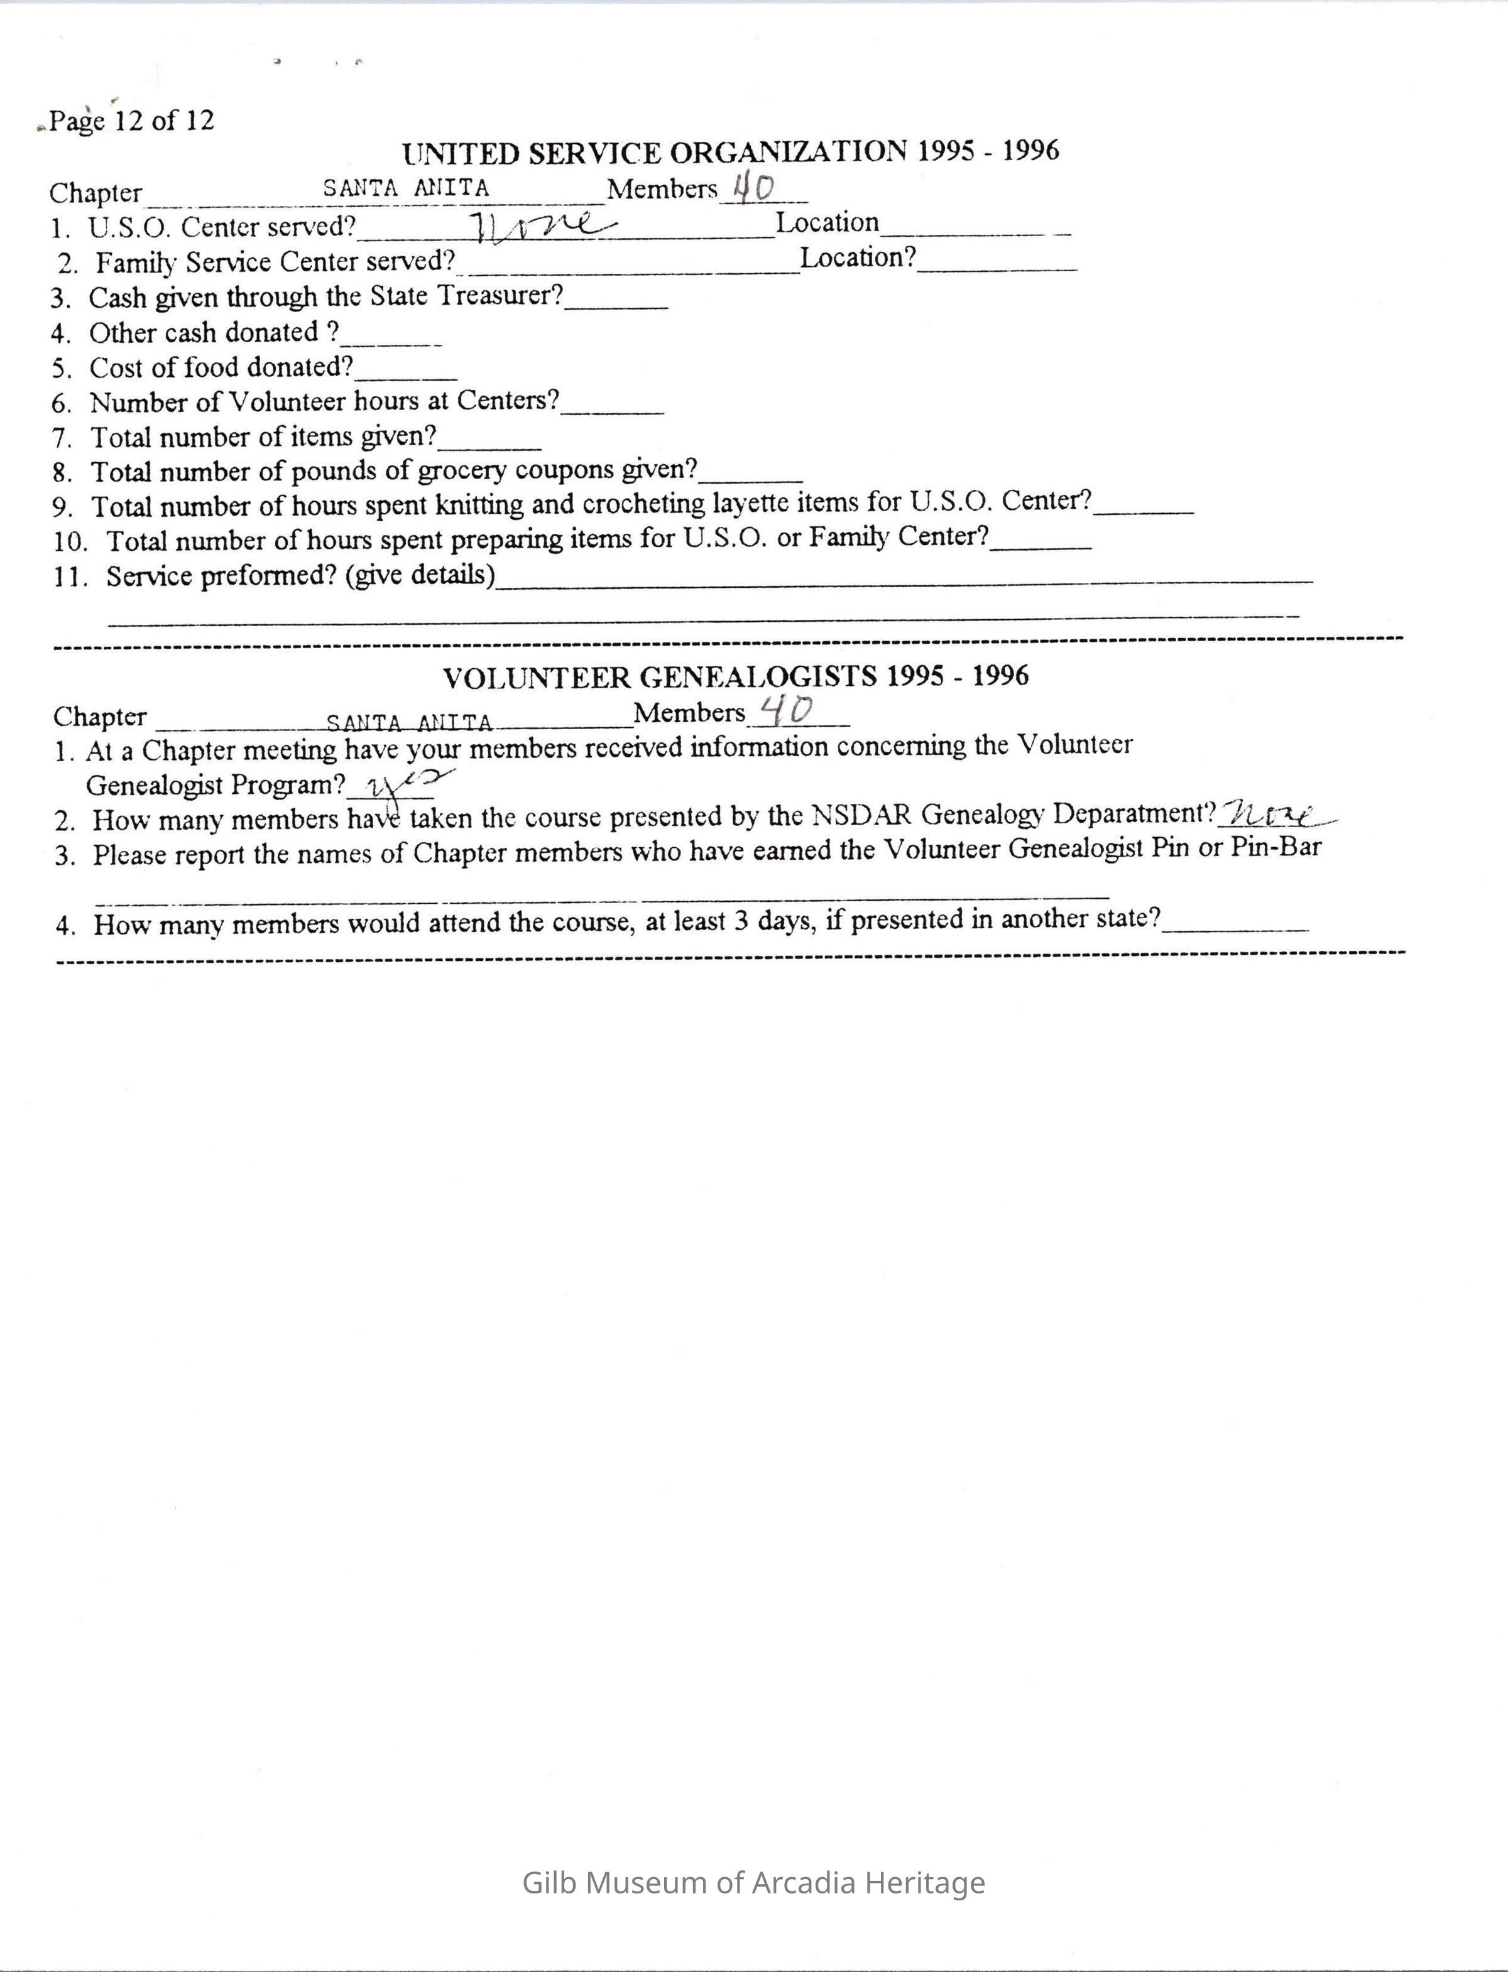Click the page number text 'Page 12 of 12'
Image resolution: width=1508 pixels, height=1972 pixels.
pyautogui.click(x=131, y=120)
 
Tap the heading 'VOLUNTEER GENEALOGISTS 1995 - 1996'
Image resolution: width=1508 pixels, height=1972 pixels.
pyautogui.click(x=735, y=676)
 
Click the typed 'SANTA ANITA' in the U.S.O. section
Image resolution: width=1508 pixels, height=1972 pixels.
pyautogui.click(x=406, y=188)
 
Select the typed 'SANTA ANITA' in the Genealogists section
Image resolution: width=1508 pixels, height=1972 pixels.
pyautogui.click(x=409, y=722)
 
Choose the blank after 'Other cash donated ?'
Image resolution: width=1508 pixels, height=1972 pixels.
pyautogui.click(x=391, y=337)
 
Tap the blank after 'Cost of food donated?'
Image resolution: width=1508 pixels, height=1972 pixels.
pyautogui.click(x=406, y=371)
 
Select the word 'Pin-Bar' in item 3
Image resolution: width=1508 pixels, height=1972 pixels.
pyautogui.click(x=1276, y=848)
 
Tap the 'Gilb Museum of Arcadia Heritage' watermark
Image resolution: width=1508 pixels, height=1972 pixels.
pyautogui.click(x=753, y=1882)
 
